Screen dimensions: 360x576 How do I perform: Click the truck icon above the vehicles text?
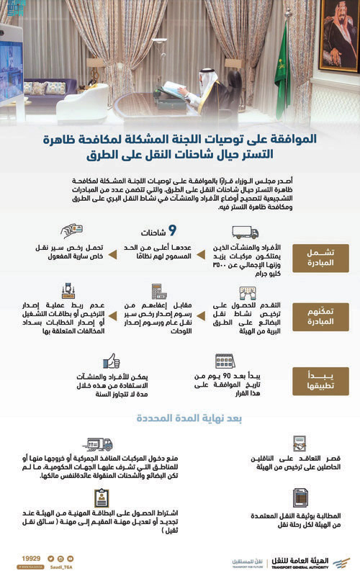[x=245, y=232]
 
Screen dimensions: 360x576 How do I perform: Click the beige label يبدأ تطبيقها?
[x=315, y=378]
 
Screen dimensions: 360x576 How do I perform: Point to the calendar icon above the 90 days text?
[x=225, y=361]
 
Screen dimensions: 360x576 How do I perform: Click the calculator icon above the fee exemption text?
[x=159, y=292]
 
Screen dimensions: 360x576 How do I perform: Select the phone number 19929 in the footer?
[x=32, y=557]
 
